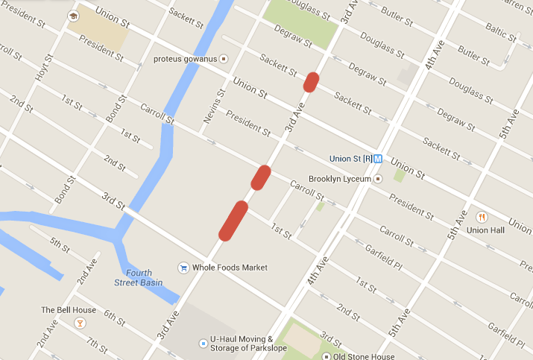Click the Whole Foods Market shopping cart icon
coord(183,268)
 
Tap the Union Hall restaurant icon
coord(482,217)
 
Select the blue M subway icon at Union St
coord(378,159)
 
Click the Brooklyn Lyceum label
coord(339,179)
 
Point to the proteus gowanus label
coord(184,59)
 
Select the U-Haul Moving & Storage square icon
coord(203,343)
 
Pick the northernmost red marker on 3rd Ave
coord(312,81)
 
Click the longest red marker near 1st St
coord(233,221)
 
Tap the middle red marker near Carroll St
coord(260,177)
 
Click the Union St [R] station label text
coord(351,159)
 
